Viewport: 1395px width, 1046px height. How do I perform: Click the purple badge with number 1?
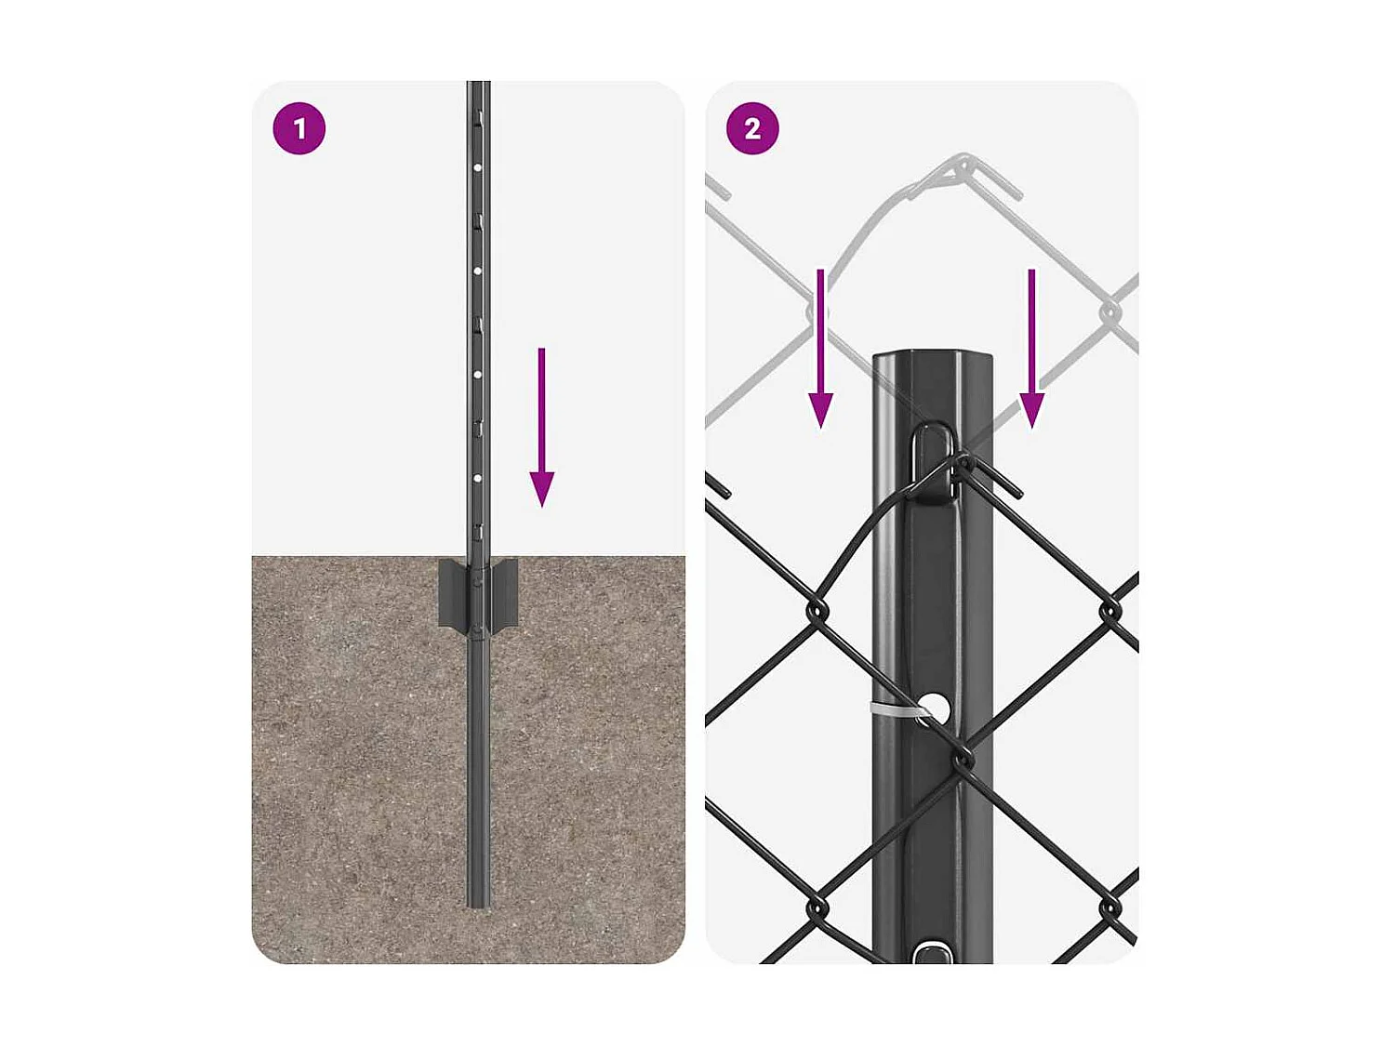[299, 128]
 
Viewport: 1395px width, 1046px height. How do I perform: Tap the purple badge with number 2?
[752, 128]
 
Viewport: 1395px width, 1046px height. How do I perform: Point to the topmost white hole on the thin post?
[477, 168]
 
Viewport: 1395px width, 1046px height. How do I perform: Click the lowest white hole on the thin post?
[477, 478]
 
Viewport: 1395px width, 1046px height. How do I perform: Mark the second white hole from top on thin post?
[477, 271]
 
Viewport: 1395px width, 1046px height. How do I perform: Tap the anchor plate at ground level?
[478, 593]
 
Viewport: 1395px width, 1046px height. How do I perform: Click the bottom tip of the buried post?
[478, 902]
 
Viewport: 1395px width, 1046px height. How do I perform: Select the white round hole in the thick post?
[935, 709]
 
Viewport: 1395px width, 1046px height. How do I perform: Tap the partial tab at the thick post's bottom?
[933, 953]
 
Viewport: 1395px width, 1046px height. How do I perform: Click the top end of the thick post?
[932, 358]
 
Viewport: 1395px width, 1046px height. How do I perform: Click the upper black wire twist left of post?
[817, 610]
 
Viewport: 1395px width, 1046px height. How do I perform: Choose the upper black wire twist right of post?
[1110, 611]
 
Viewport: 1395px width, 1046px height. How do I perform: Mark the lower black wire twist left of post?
[817, 907]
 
